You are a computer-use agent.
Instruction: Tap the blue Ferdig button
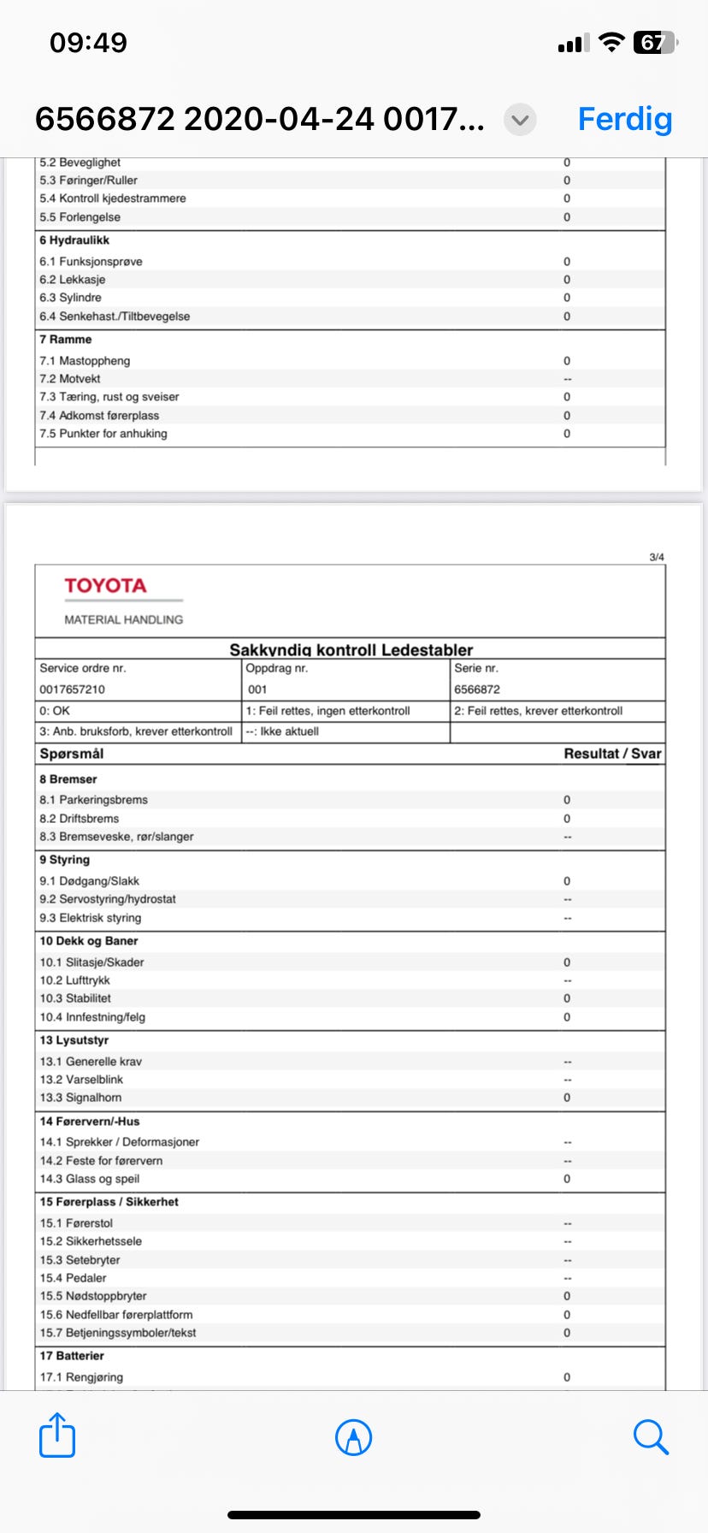pyautogui.click(x=624, y=119)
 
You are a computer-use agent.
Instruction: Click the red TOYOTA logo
pyautogui.click(x=105, y=586)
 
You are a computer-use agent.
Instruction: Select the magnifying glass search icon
pyautogui.click(x=650, y=1436)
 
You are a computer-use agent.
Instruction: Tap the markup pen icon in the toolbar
pyautogui.click(x=353, y=1436)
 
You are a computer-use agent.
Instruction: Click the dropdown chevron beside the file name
pyautogui.click(x=520, y=120)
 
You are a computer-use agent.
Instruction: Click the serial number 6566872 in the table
pyautogui.click(x=477, y=690)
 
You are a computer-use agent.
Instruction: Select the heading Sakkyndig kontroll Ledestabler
pyautogui.click(x=351, y=649)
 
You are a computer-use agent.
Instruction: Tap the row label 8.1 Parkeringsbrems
pyautogui.click(x=93, y=800)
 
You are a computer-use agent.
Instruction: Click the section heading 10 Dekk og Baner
pyautogui.click(x=88, y=941)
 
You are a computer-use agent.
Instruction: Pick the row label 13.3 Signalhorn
pyautogui.click(x=80, y=1098)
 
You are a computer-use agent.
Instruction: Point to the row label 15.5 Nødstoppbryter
pyautogui.click(x=93, y=1296)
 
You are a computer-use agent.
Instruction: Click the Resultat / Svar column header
pyautogui.click(x=612, y=754)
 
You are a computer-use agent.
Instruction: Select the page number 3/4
pyautogui.click(x=656, y=557)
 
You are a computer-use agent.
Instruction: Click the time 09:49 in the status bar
pyautogui.click(x=88, y=42)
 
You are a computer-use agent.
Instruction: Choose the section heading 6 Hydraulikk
pyautogui.click(x=74, y=240)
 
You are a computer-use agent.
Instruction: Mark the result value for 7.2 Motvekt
pyautogui.click(x=567, y=379)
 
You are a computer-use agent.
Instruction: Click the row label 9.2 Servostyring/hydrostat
pyautogui.click(x=108, y=899)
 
